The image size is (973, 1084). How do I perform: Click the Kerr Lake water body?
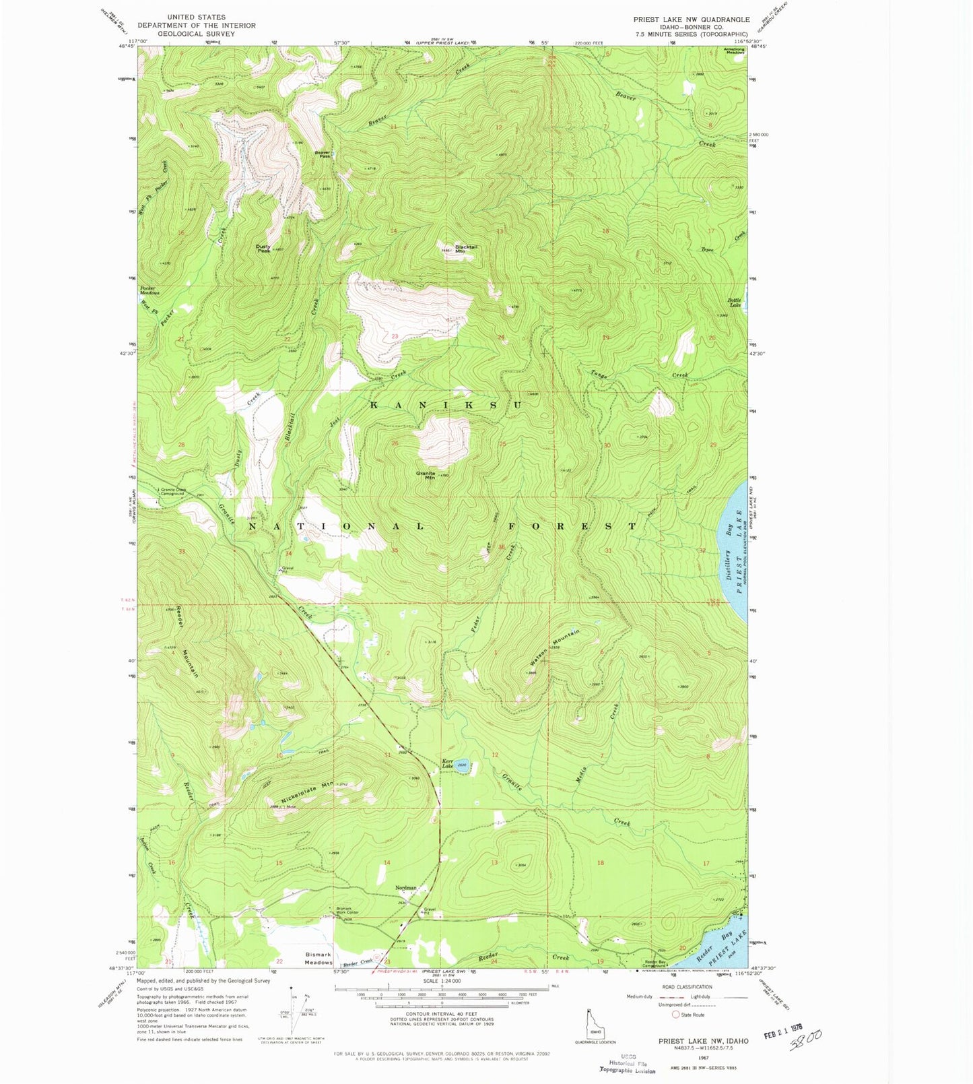pos(463,766)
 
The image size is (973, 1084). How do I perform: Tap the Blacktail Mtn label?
pos(466,249)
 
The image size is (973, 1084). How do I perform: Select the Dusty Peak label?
pos(263,249)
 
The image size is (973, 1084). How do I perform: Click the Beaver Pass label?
pos(323,154)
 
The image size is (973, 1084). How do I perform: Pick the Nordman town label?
pos(406,888)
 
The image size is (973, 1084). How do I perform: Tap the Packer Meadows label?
pos(149,290)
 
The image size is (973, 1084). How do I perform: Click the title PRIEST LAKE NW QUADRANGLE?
pos(691,20)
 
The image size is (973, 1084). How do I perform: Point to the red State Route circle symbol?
pos(675,1015)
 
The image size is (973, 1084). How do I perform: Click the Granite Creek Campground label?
pos(172,492)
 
